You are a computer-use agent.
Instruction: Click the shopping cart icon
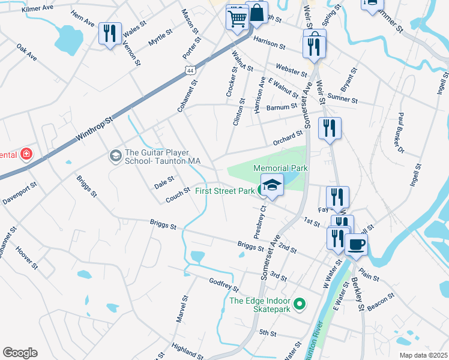coord(237,17)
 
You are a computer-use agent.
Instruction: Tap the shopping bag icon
coord(257,13)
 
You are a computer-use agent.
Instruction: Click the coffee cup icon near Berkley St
coord(356,244)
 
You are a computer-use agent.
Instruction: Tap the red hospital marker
coord(26,155)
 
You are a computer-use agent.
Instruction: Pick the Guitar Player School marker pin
coord(114,156)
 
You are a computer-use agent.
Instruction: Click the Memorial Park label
coord(280,169)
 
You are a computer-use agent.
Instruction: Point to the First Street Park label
coord(225,191)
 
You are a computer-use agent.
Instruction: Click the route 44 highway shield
coord(190,70)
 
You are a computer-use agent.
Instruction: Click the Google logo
coord(20,353)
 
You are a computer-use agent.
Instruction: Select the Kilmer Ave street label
coord(38,10)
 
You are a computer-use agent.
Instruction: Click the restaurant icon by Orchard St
coord(330,128)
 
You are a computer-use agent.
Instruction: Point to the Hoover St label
coord(27,257)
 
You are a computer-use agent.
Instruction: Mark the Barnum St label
coord(282,107)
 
